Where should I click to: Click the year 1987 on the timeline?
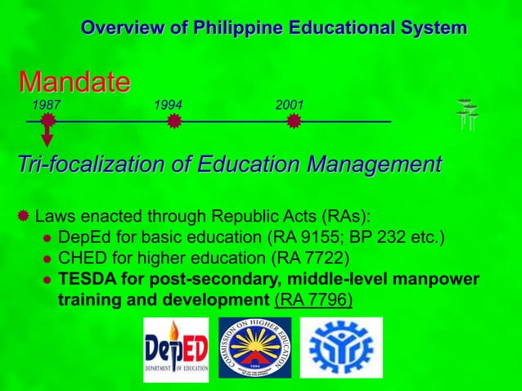pyautogui.click(x=45, y=106)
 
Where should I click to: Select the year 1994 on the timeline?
pyautogui.click(x=168, y=106)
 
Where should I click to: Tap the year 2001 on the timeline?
pyautogui.click(x=290, y=106)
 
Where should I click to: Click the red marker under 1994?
pyautogui.click(x=173, y=122)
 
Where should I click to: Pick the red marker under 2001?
pyautogui.click(x=295, y=122)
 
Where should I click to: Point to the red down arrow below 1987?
pyautogui.click(x=47, y=139)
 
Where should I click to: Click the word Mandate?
pyautogui.click(x=74, y=82)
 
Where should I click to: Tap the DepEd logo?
pyautogui.click(x=176, y=349)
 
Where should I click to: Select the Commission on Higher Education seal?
pyautogui.click(x=254, y=348)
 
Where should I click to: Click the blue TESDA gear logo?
pyautogui.click(x=330, y=347)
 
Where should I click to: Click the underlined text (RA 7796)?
pyautogui.click(x=314, y=299)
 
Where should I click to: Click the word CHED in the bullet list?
pyautogui.click(x=80, y=260)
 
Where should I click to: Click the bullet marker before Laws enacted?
pyautogui.click(x=24, y=216)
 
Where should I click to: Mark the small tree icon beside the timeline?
pyautogui.click(x=467, y=115)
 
